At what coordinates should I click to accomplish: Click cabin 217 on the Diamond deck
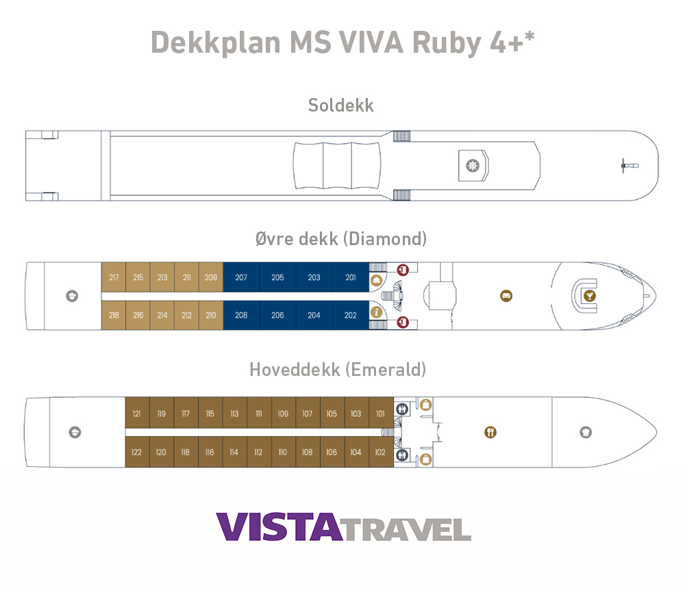[x=114, y=277]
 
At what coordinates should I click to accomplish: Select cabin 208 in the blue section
[x=241, y=315]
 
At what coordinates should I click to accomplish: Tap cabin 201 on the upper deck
[x=351, y=277]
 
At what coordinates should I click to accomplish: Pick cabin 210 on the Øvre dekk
[x=211, y=315]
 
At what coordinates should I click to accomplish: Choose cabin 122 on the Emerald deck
[x=137, y=452]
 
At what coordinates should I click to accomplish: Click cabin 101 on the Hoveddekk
[x=381, y=414]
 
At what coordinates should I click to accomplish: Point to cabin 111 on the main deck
[x=259, y=414]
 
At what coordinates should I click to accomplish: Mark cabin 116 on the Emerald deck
[x=210, y=452]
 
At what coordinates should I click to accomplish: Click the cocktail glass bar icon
[x=588, y=296]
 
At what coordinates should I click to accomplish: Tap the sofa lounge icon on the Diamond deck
[x=506, y=296]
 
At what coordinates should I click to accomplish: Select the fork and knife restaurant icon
[x=490, y=432]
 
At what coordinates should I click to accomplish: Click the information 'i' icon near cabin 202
[x=376, y=312]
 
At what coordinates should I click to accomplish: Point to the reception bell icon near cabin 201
[x=376, y=280]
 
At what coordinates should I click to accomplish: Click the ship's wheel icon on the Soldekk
[x=471, y=166]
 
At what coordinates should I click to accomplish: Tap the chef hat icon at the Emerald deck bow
[x=586, y=432]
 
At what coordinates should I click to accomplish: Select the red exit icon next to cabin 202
[x=403, y=320]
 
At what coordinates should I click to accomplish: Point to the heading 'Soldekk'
[x=341, y=105]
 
